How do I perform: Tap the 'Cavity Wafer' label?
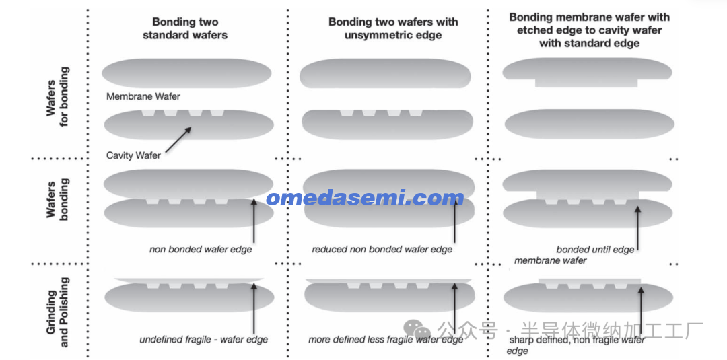tap(133, 155)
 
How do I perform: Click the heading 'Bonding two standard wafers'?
tap(185, 28)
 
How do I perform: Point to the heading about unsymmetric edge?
tap(393, 28)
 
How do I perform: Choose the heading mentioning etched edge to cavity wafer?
tap(589, 30)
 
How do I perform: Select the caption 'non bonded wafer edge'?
tap(201, 249)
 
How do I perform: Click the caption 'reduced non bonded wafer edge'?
tap(382, 249)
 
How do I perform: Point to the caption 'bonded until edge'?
tap(595, 250)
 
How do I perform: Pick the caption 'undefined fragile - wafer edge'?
tap(203, 340)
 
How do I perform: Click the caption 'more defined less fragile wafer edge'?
tap(386, 340)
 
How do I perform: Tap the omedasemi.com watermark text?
tap(365, 198)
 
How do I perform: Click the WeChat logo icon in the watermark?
tap(417, 330)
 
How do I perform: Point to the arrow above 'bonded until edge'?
tap(637, 228)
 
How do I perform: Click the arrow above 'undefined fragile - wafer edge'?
tap(254, 308)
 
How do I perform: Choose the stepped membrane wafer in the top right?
tap(587, 73)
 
